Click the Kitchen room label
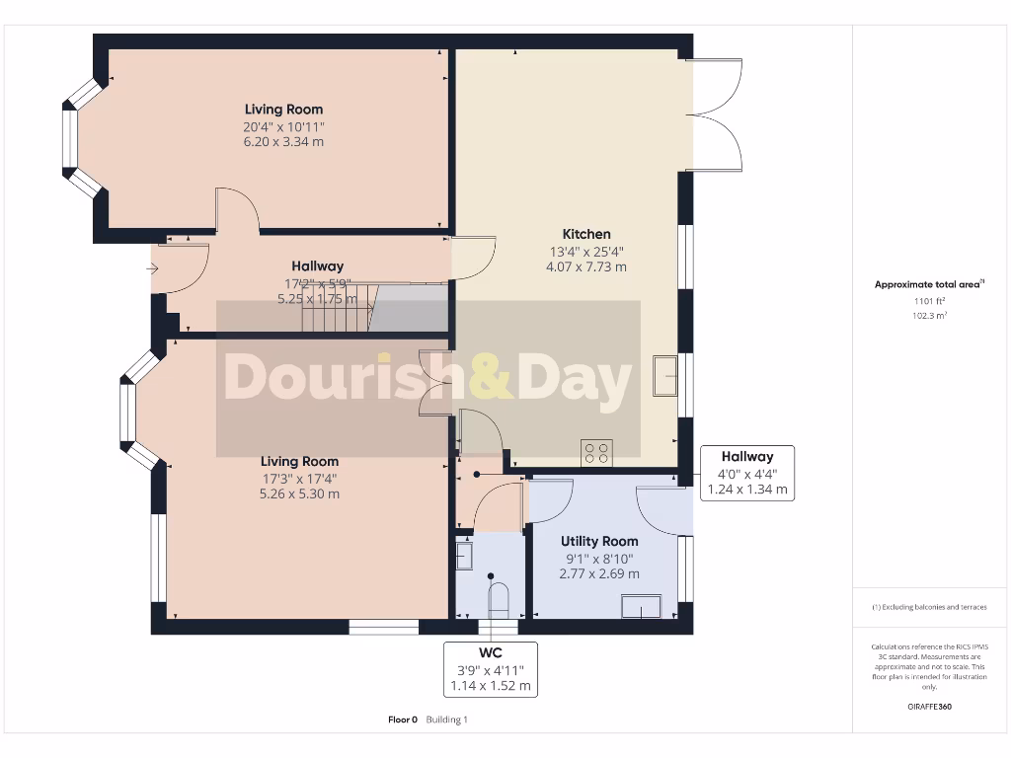[586, 234]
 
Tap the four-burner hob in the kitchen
[597, 452]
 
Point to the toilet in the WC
[499, 598]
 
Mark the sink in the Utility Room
[642, 606]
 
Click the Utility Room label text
[599, 541]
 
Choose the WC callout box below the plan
[491, 669]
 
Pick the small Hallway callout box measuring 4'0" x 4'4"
[746, 473]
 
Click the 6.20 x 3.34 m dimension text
[283, 142]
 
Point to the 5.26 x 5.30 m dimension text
[299, 493]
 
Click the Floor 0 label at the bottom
[403, 720]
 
